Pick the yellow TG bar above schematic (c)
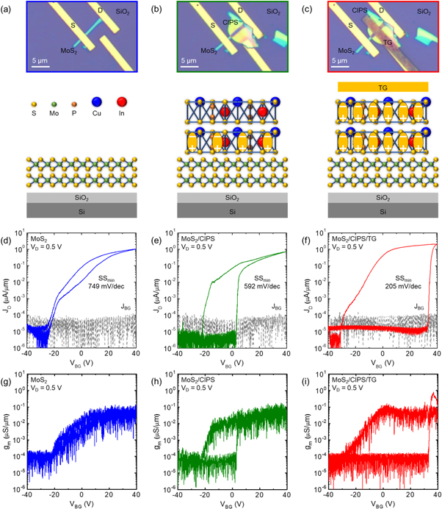pos(382,87)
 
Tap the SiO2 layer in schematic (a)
pos(80,198)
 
